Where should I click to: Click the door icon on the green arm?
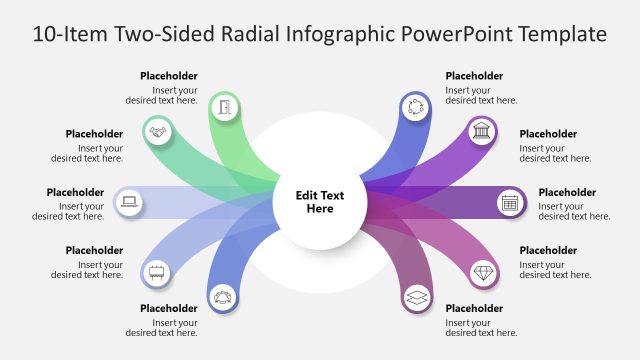(x=225, y=107)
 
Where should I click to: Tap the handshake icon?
(x=157, y=132)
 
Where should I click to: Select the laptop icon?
(x=129, y=202)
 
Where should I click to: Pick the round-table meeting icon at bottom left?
(x=222, y=297)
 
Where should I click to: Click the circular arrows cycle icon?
(x=414, y=107)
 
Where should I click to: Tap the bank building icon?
(x=483, y=131)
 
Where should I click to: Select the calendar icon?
(x=510, y=202)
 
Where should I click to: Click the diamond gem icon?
(x=484, y=271)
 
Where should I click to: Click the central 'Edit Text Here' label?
(x=320, y=202)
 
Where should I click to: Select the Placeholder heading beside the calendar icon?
(x=567, y=192)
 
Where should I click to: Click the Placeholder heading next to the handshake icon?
(x=94, y=134)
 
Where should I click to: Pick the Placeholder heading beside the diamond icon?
(x=548, y=250)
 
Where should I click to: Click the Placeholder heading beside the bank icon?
(x=548, y=134)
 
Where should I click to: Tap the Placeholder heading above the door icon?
(x=169, y=76)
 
